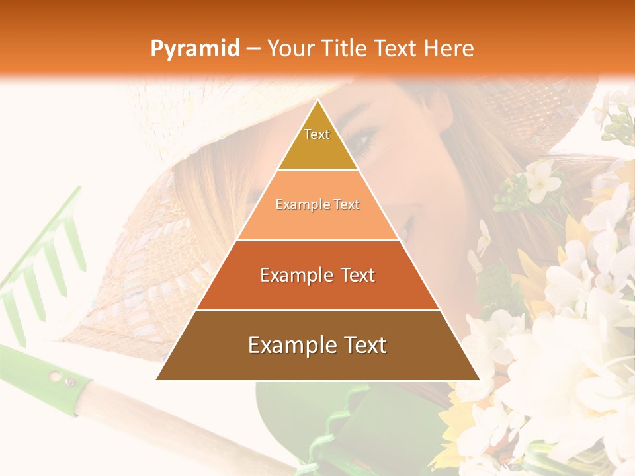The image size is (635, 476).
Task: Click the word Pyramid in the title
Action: pos(195,49)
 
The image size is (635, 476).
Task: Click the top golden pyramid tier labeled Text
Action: pos(317,142)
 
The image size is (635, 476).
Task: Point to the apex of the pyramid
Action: pos(317,101)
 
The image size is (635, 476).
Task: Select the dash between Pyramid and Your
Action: pos(253,49)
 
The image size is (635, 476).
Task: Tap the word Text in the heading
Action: pos(395,49)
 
